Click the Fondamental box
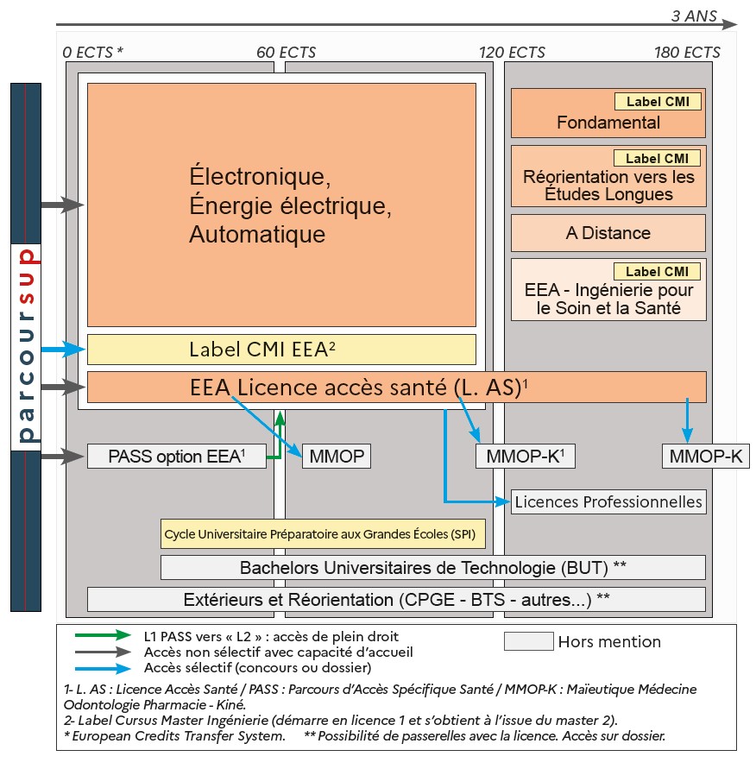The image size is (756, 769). coord(608,123)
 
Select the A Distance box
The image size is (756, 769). coord(608,233)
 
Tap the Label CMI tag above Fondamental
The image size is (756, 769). coord(657,102)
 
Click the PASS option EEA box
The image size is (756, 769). coord(176,457)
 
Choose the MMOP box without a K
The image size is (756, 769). coord(336,457)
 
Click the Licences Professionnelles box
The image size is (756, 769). coord(608,501)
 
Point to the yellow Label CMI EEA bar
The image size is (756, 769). coord(280,350)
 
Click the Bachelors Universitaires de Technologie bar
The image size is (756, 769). coord(432,567)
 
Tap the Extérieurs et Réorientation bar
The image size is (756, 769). coord(396,599)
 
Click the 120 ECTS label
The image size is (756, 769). coord(513,53)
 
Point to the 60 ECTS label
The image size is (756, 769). coord(287,53)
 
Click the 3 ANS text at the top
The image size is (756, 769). coord(694,16)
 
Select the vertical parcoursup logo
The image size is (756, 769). coord(26,345)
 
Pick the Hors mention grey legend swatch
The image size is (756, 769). coord(528,641)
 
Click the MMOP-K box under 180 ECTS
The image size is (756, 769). coord(705,457)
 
